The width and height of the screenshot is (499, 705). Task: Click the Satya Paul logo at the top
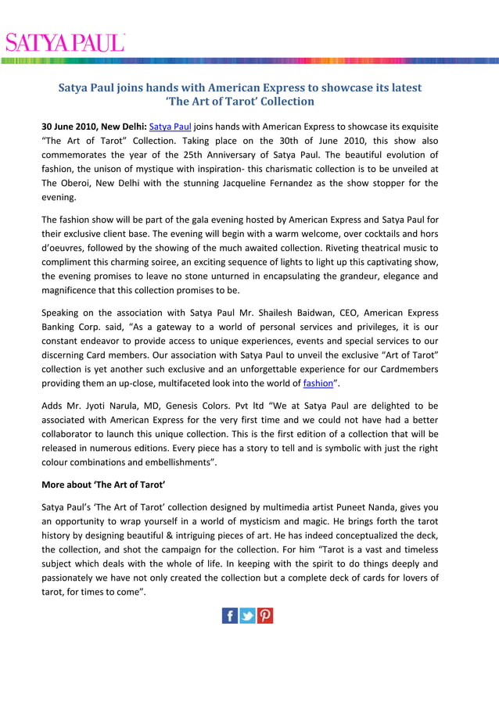63,41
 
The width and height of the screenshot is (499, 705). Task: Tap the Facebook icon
230,615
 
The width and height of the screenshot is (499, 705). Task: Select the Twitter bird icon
248,615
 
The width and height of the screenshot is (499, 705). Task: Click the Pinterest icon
265,615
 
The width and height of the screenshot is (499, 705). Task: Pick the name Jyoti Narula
117,406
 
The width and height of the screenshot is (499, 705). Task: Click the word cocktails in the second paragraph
362,234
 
